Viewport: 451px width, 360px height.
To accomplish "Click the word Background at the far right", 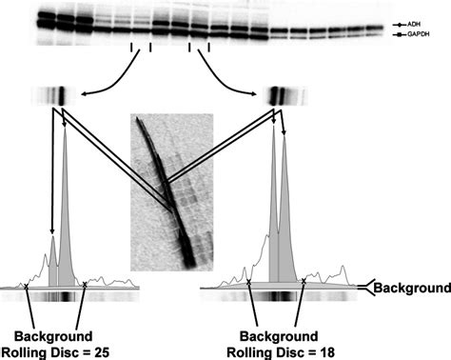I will point(412,286).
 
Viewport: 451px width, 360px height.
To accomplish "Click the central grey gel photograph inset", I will point(171,190).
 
